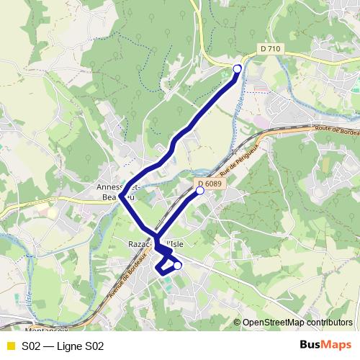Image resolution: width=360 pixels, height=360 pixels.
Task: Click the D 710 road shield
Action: coord(270,48)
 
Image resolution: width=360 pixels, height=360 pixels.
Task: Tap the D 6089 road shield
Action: coord(209,184)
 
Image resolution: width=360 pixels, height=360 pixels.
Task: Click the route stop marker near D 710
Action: coord(238,68)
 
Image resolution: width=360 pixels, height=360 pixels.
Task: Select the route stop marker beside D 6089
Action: coord(200,192)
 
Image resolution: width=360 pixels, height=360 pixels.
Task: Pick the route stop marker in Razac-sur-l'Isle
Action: coord(178,266)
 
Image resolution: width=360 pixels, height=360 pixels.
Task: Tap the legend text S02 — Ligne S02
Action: coord(63,346)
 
